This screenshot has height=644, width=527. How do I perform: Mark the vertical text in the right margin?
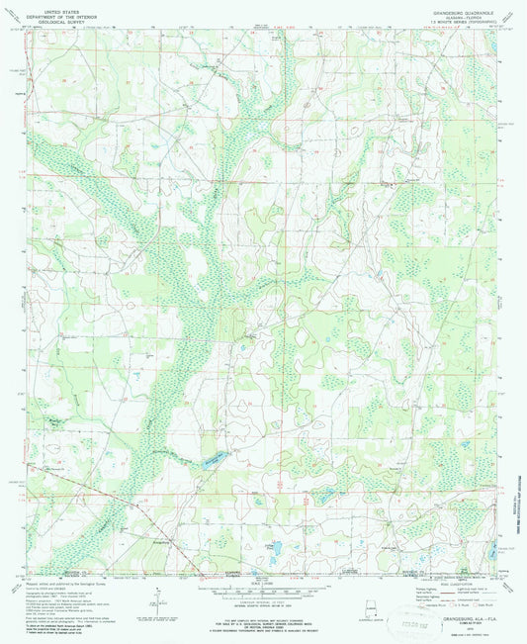pos(514,495)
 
